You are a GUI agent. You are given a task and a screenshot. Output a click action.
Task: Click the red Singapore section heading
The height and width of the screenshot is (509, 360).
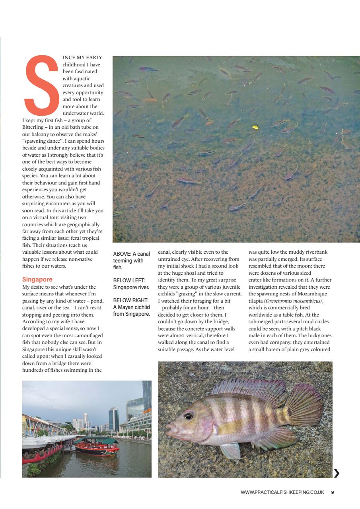click(x=37, y=279)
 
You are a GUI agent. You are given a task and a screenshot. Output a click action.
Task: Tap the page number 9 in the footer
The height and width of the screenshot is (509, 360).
click(x=332, y=492)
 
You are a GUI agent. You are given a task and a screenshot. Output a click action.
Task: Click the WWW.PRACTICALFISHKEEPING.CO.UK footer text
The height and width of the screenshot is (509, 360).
click(x=282, y=492)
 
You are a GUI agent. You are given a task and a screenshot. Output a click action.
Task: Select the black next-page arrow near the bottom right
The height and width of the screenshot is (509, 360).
click(x=337, y=473)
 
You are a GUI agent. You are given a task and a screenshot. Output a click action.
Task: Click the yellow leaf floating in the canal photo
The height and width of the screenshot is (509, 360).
click(x=255, y=127)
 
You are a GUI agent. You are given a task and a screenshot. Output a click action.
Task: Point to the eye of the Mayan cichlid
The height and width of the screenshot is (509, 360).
click(x=189, y=416)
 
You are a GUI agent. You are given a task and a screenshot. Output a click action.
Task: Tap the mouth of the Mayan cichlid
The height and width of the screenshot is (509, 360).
click(x=170, y=429)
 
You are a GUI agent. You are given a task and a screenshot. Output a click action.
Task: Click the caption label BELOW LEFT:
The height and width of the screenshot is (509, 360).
click(x=128, y=280)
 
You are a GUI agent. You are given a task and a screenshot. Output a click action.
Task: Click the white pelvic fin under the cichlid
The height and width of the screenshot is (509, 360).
click(x=231, y=451)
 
